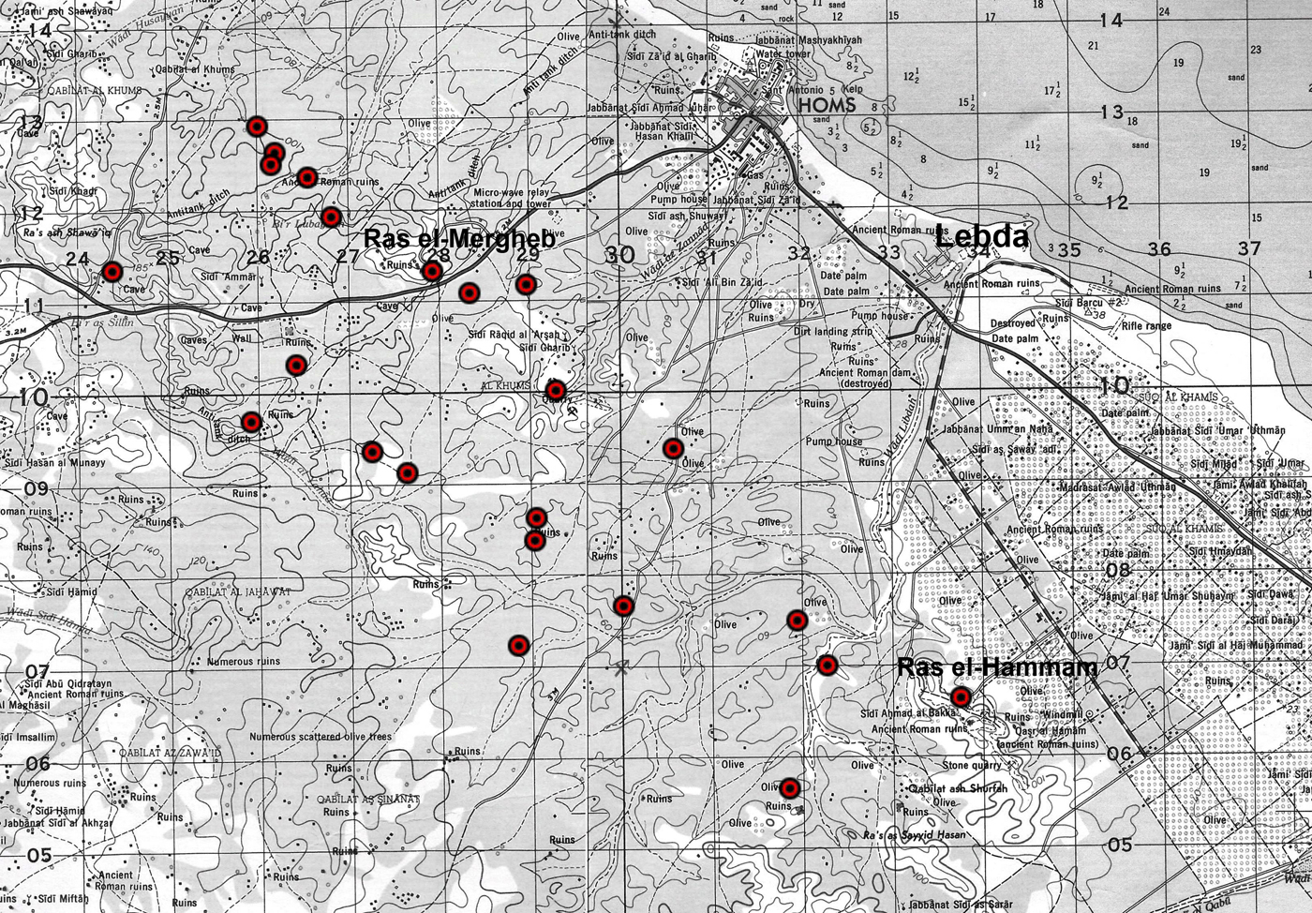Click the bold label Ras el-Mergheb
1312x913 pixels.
pyautogui.click(x=459, y=239)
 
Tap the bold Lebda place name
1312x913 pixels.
pyautogui.click(x=982, y=238)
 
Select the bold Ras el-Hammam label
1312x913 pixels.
pyautogui.click(x=996, y=668)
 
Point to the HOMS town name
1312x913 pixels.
pyautogui.click(x=827, y=105)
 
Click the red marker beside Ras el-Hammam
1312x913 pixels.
pyautogui.click(x=961, y=696)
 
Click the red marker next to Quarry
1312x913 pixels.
pyautogui.click(x=556, y=389)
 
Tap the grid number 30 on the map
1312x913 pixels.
pyautogui.click(x=619, y=255)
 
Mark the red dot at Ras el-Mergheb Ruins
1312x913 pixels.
pyautogui.click(x=432, y=272)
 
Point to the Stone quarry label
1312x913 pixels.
pyautogui.click(x=972, y=765)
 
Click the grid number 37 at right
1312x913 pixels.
pyautogui.click(x=1249, y=248)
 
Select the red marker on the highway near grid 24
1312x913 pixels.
pyautogui.click(x=112, y=272)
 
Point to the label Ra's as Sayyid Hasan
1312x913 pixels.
pyautogui.click(x=913, y=835)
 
